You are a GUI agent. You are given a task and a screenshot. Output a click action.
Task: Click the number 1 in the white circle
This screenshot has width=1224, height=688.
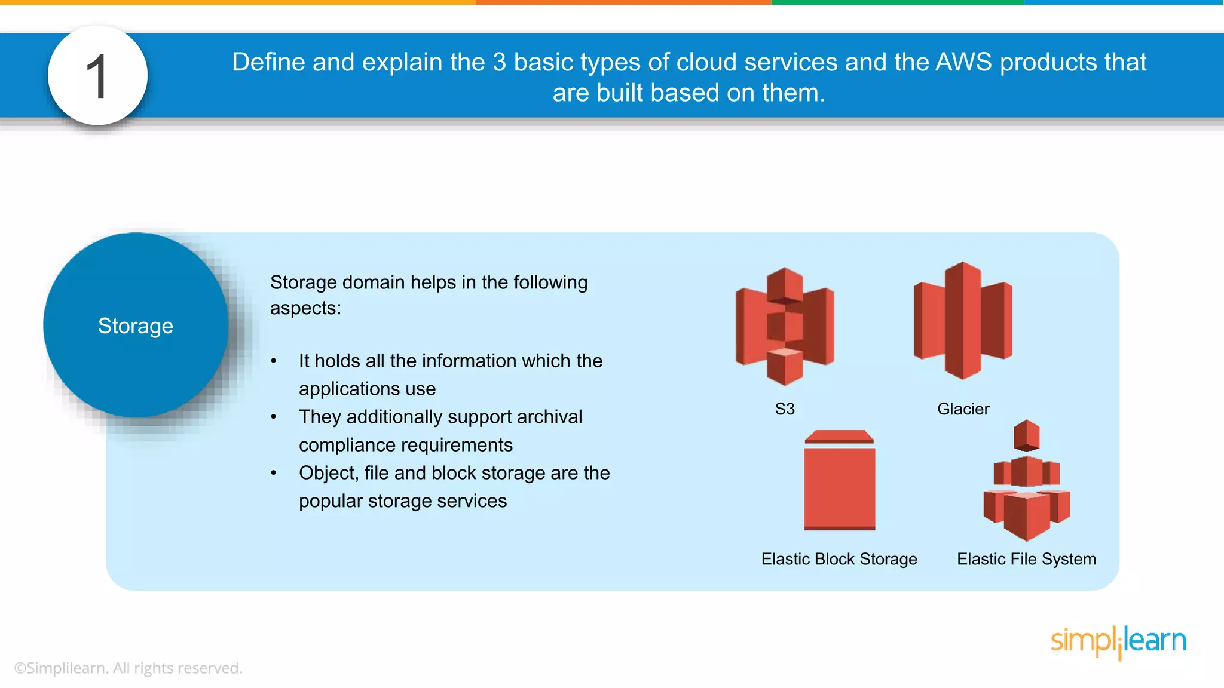coord(97,76)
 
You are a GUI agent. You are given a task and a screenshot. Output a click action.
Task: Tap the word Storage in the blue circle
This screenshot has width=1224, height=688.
coord(136,326)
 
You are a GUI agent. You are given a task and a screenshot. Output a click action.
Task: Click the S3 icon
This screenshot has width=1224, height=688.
coord(785,326)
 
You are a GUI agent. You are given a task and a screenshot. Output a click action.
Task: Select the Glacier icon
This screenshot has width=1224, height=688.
coord(963,321)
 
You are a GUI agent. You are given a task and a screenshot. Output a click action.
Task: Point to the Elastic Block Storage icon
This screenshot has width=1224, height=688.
coord(839,481)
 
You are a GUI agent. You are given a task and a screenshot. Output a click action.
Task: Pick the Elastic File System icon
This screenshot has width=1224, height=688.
coord(1027,481)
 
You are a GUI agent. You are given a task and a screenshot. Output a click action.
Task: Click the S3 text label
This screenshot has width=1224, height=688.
coord(785,409)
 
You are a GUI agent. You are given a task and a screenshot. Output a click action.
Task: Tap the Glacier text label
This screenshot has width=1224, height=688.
coord(963,409)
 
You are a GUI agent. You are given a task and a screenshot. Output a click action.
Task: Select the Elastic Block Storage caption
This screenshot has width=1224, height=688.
coord(839,559)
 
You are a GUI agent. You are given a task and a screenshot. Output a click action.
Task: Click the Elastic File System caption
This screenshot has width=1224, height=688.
coord(1026,559)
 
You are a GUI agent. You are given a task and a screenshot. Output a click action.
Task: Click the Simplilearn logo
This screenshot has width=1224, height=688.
coord(1118,641)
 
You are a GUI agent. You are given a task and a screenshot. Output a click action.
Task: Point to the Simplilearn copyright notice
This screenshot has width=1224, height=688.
coord(128,668)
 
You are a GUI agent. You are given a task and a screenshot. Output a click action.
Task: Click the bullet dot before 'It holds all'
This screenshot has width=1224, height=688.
coord(274,361)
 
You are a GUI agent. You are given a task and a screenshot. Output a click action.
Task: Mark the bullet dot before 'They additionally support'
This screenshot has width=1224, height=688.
coord(274,417)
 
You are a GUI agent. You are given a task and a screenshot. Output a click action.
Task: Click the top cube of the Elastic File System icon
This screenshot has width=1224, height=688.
coord(1027,435)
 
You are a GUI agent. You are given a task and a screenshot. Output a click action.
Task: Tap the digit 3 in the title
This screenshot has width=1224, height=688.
coord(500,62)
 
